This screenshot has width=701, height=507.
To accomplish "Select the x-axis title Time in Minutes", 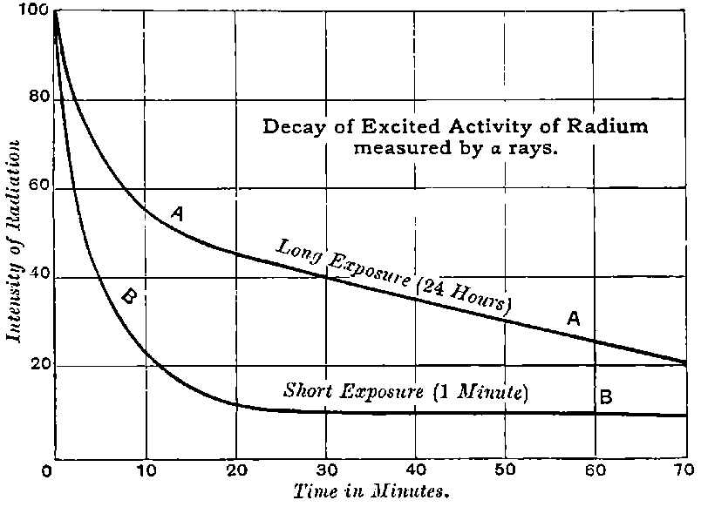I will click(370, 492).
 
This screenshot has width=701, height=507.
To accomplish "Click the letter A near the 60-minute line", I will click(573, 320).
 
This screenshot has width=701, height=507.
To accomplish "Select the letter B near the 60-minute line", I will click(605, 397).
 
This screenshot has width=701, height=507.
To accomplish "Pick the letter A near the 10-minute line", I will click(177, 213).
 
